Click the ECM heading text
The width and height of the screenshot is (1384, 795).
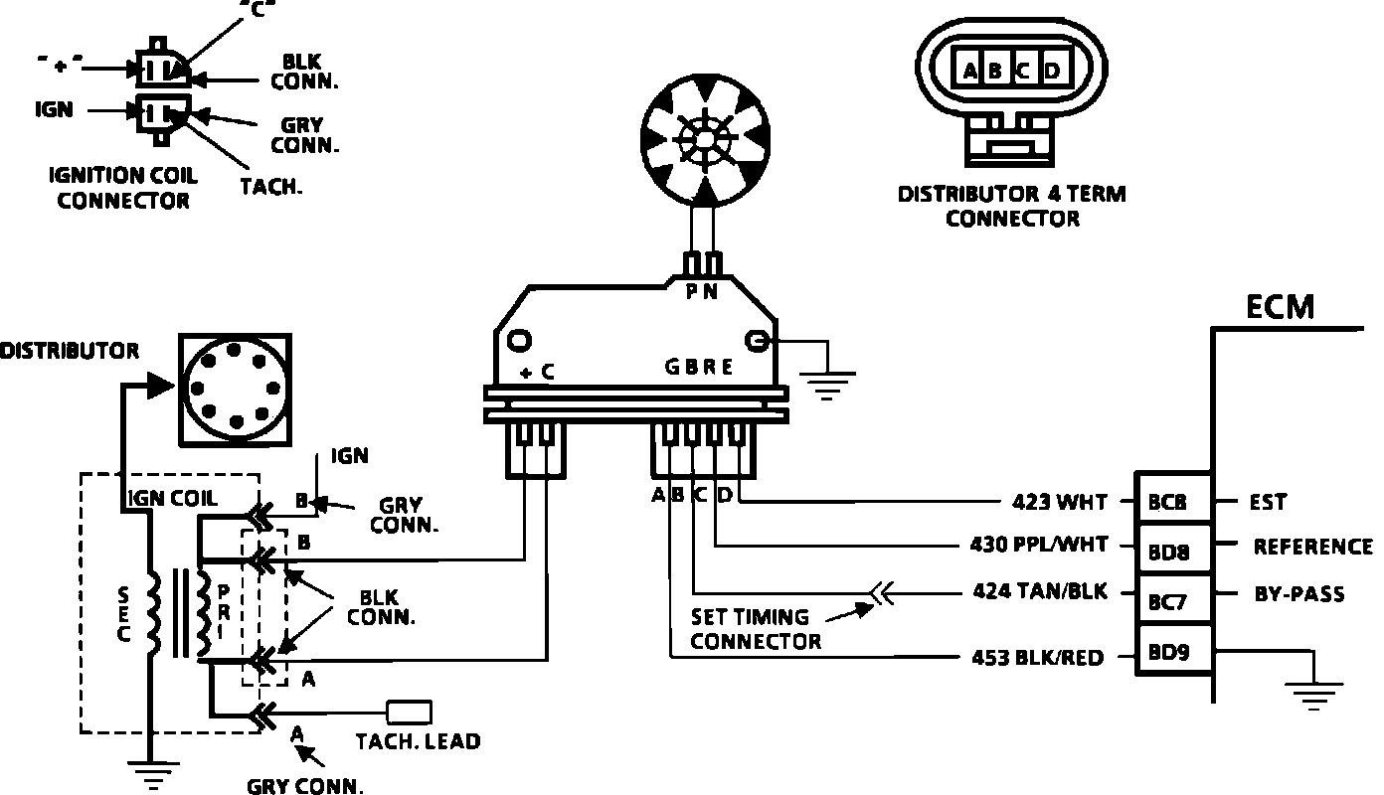tap(1280, 306)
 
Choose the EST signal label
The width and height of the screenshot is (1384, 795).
tap(1268, 503)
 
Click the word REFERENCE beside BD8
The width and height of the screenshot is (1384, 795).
tap(1312, 547)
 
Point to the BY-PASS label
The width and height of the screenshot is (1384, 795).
tap(1298, 594)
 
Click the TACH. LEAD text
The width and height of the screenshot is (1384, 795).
tap(418, 740)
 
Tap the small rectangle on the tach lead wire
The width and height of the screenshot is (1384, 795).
tap(409, 712)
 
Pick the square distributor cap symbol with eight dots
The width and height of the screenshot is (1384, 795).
tap(235, 389)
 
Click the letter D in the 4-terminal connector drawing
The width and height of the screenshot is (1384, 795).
tap(1052, 72)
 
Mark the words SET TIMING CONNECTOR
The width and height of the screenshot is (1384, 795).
tap(756, 629)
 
